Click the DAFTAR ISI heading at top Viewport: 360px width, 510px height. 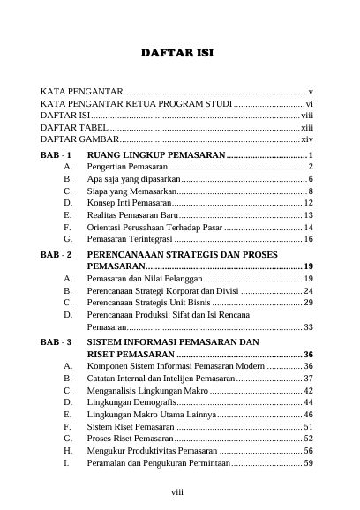[x=177, y=54]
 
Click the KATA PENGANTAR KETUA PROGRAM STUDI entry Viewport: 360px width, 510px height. [x=123, y=104]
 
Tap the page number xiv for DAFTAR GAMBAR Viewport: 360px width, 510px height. [x=307, y=140]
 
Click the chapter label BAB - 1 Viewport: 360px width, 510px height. [x=57, y=154]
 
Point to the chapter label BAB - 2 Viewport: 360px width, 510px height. [x=57, y=254]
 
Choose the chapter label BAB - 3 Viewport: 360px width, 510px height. [x=57, y=341]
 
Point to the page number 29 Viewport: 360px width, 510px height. [x=308, y=303]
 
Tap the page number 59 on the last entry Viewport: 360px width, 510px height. [x=308, y=462]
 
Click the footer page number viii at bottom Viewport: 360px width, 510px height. [x=177, y=494]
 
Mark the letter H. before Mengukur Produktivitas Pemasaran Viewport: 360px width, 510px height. [x=68, y=450]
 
